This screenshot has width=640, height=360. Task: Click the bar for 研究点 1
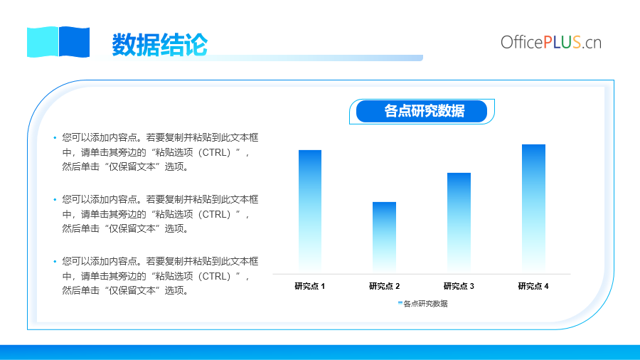pos(310,211)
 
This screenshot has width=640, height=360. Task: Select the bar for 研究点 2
pos(384,237)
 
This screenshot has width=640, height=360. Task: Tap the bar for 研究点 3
pos(459,222)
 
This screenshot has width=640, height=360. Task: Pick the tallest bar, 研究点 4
pos(533,208)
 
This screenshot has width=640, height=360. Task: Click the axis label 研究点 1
pos(310,286)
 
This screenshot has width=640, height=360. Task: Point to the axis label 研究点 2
pos(385,286)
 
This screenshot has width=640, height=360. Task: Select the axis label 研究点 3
pos(459,286)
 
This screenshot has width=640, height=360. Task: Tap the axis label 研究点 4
pos(533,286)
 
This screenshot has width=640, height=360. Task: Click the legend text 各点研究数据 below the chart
pos(426,304)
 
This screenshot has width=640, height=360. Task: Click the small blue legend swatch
pos(400,303)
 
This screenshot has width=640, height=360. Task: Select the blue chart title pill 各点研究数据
pos(422,111)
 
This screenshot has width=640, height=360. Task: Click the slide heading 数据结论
pos(159,45)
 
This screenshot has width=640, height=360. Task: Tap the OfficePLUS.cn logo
pos(551,42)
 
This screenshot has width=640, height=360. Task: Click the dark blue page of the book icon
pos(74,42)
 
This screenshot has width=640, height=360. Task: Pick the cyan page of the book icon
pos(43,42)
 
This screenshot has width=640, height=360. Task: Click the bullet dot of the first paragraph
pos(55,138)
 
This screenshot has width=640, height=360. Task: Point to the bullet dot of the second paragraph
pos(55,200)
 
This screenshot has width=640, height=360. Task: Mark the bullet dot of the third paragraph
pos(55,262)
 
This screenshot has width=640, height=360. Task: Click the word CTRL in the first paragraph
pos(216,153)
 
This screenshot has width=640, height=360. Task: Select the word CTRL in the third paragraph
pos(216,276)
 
